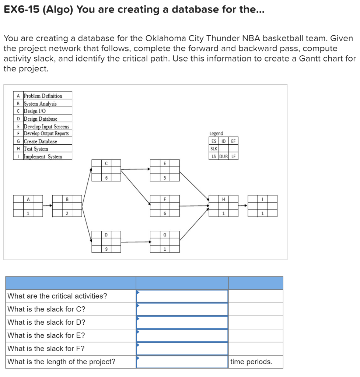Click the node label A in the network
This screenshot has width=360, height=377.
pos(28,199)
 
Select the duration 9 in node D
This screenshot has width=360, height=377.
pos(106,249)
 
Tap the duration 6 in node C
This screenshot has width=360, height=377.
pos(106,178)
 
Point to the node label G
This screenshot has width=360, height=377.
pos(165,235)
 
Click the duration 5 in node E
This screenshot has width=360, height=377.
pos(165,178)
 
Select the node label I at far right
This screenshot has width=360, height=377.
pos(262,199)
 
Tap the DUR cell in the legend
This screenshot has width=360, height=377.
pos(224,156)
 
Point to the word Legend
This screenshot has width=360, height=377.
pos(216,133)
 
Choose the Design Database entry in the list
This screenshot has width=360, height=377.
pos(41,119)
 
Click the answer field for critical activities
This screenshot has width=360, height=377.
pos(182,296)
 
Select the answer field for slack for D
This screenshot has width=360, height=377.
pos(182,322)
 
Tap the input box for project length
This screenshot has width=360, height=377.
pos(182,362)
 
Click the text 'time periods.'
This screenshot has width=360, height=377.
pos(251,362)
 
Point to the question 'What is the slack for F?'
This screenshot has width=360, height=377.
pos(46,348)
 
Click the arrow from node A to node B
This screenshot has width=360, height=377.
pos(48,206)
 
